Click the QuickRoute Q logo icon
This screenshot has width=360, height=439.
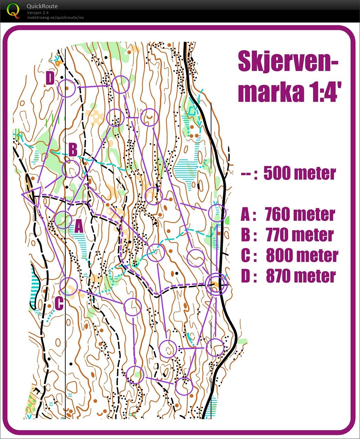tap(13, 10)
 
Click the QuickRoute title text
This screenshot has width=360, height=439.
tap(42, 6)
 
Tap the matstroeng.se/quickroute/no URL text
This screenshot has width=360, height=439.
tap(55, 17)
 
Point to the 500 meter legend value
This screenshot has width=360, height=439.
tap(300, 173)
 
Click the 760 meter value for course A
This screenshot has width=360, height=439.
tap(300, 215)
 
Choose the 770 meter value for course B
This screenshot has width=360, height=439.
tap(300, 235)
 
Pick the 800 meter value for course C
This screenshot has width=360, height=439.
tap(302, 256)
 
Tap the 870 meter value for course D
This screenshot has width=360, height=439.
tap(301, 276)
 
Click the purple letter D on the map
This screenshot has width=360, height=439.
tap(50, 78)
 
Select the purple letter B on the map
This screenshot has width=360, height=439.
tap(73, 150)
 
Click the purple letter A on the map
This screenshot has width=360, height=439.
tap(79, 226)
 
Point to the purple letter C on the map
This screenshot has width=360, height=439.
tap(59, 303)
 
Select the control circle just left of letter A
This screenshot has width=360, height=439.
tap(63, 220)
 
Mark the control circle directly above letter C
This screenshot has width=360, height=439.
tap(69, 286)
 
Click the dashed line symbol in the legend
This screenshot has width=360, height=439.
tap(249, 173)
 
